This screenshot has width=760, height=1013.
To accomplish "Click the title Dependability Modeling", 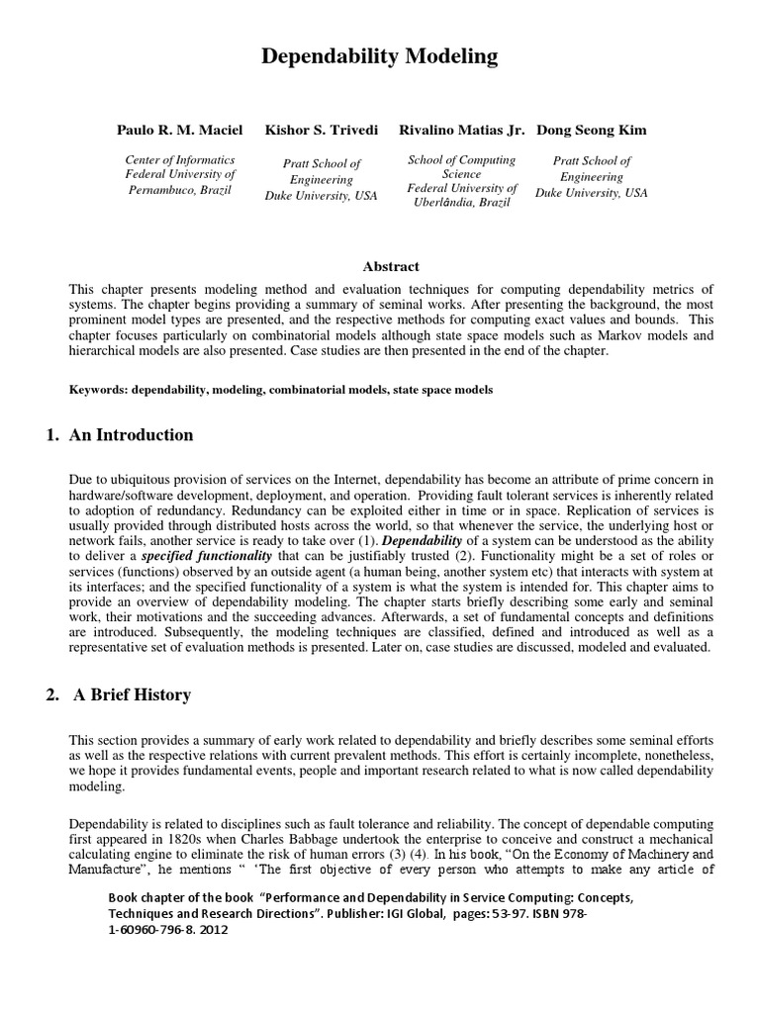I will click(380, 57).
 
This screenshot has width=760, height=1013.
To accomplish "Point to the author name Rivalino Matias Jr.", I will click(462, 131).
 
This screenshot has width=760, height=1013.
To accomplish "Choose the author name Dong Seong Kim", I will click(592, 131).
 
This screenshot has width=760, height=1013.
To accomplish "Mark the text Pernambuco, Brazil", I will click(180, 189).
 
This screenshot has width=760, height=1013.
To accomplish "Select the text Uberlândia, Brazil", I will click(463, 203).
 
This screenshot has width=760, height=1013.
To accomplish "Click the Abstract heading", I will click(391, 266).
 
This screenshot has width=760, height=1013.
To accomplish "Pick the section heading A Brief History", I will click(133, 695).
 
